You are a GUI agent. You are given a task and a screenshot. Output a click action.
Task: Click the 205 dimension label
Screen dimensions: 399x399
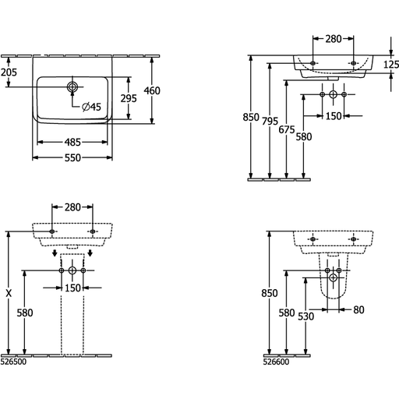9,72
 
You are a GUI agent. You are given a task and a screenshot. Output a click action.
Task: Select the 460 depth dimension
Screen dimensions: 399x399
152,90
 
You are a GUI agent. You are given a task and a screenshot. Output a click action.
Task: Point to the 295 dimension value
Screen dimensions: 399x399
129,98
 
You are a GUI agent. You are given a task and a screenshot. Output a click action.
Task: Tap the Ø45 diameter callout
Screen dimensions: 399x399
91,107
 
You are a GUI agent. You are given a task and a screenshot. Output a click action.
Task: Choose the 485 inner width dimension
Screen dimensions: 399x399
72,142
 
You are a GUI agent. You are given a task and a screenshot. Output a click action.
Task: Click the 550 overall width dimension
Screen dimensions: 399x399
72,157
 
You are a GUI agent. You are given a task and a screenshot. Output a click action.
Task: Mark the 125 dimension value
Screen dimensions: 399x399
391,65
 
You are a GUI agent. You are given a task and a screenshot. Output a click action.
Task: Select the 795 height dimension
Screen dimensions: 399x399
270,121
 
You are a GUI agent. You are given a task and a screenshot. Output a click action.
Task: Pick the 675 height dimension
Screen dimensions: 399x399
287,129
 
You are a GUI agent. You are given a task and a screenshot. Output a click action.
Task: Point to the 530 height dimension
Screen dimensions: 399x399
306,316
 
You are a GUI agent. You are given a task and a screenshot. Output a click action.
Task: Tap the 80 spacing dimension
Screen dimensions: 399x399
358,309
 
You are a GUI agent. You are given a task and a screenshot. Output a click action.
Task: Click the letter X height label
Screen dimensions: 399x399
9,294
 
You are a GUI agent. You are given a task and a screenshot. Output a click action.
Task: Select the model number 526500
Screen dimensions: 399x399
13,362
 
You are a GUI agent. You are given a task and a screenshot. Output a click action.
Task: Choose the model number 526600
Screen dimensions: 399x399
276,362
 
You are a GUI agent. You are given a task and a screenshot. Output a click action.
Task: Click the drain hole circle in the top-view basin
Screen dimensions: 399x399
72,87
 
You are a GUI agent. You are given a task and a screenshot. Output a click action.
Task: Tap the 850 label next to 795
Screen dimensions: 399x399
251,117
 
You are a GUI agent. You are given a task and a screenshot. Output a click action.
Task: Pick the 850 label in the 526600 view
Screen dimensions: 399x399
270,293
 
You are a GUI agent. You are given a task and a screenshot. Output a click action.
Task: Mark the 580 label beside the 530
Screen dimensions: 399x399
287,312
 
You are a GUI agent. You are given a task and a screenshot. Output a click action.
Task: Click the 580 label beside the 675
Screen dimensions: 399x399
304,136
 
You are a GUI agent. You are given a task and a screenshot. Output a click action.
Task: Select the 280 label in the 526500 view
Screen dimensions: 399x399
72,207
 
